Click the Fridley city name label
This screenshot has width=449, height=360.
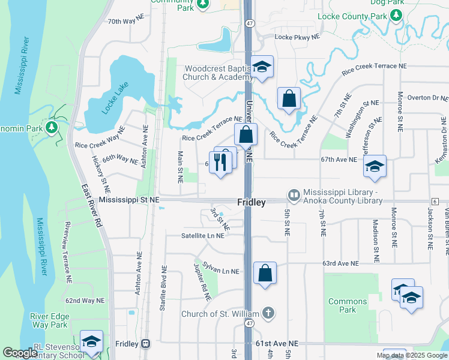pyautogui.click(x=251, y=203)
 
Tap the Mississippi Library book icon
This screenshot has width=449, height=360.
pyautogui.click(x=294, y=194)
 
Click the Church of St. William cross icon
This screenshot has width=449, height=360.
pyautogui.click(x=268, y=313)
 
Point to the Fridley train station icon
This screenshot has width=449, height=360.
pyautogui.click(x=145, y=344)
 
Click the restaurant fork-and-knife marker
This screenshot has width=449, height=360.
pyautogui.click(x=220, y=162)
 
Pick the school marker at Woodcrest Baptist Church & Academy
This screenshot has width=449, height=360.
pyautogui.click(x=262, y=67)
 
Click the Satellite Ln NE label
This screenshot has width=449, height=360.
pyautogui.click(x=203, y=236)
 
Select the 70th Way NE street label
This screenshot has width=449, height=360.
pyautogui.click(x=125, y=20)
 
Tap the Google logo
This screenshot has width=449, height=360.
pyautogui.click(x=20, y=353)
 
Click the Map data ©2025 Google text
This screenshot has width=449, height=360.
pyautogui.click(x=411, y=355)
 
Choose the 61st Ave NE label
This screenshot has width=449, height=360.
pyautogui.click(x=276, y=343)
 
